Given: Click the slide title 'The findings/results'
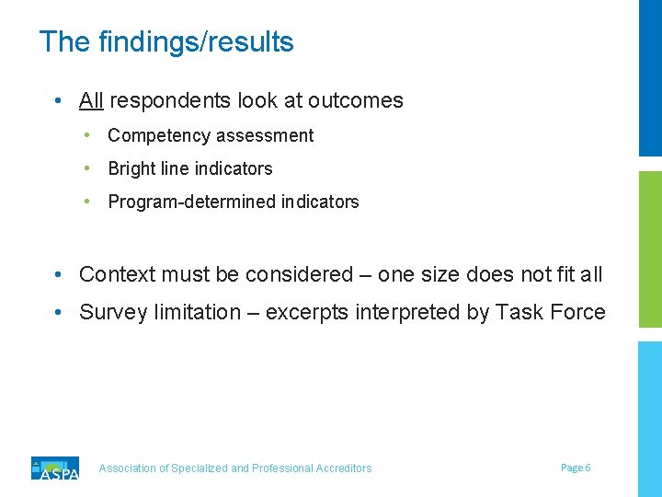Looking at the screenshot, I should coord(166,41).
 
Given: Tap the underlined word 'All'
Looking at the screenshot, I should coord(91,100).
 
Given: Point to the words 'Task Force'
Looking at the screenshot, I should coord(550,312).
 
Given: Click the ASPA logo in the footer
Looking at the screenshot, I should coord(55,468).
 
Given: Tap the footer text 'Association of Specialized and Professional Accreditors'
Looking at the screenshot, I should coord(235,468).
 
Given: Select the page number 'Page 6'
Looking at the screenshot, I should coord(576,468).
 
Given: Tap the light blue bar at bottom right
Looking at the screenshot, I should coord(650,419).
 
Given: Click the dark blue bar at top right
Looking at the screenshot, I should coord(650,78).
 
